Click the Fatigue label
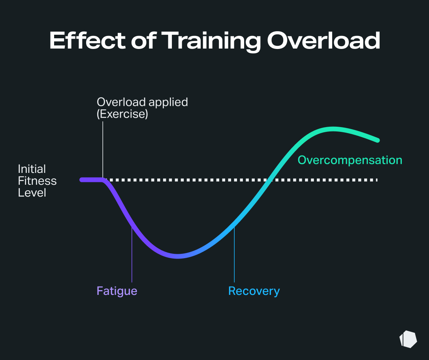pyautogui.click(x=117, y=291)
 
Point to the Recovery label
pyautogui.click(x=254, y=291)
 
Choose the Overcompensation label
pyautogui.click(x=350, y=160)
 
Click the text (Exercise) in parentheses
pyautogui.click(x=122, y=114)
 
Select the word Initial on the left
pyautogui.click(x=32, y=169)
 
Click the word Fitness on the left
pyautogui.click(x=37, y=181)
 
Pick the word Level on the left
pyautogui.click(x=32, y=193)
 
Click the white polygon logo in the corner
pyautogui.click(x=408, y=339)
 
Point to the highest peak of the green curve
pyautogui.click(x=333, y=129)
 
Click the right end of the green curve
pyautogui.click(x=377, y=140)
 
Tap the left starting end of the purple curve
pyautogui.click(x=82, y=180)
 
